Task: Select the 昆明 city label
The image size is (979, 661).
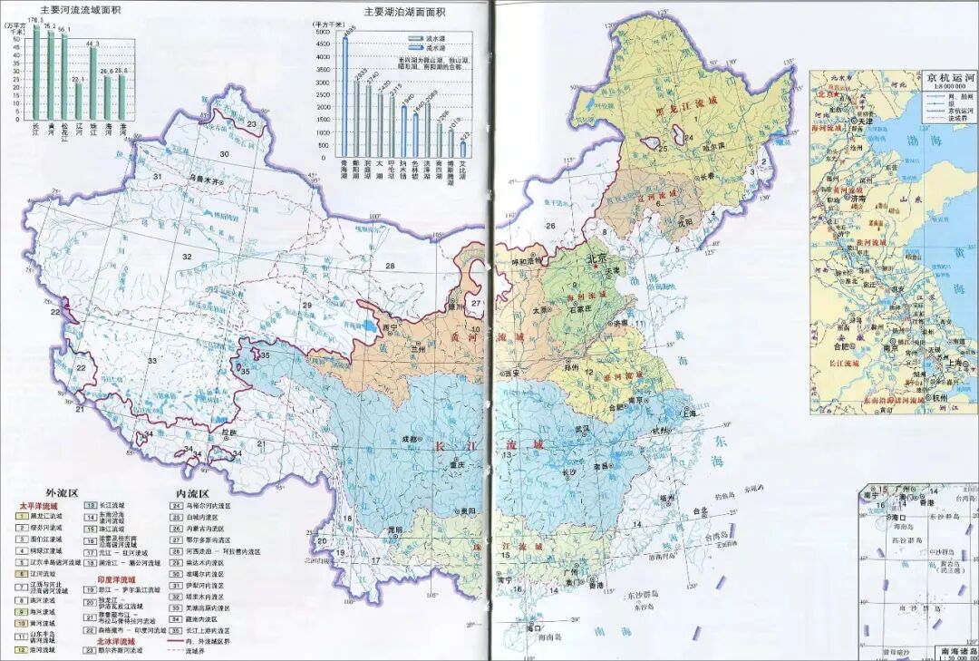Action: pyautogui.click(x=394, y=529)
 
